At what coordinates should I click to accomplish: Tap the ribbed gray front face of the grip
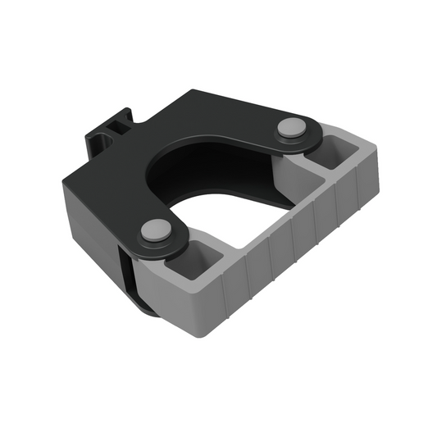point(295,254)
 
